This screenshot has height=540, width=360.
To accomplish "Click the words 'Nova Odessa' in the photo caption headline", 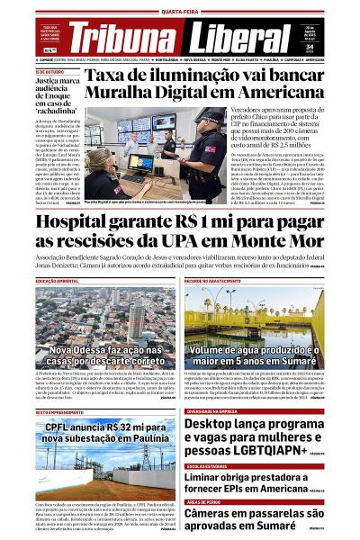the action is click(x=76, y=348).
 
